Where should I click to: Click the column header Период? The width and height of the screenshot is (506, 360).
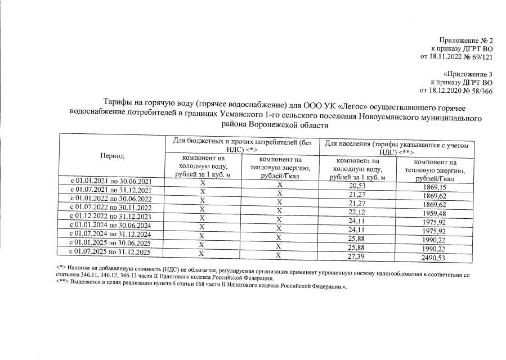tap(111, 156)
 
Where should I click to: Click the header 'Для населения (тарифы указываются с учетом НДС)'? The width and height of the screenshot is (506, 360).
tap(397, 148)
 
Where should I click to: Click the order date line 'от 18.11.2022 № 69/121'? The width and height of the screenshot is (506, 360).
tap(456, 56)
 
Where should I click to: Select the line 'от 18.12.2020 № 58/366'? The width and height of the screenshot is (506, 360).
tap(456, 90)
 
